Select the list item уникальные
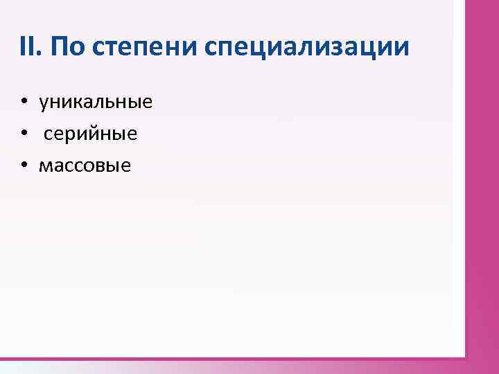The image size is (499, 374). click(96, 104)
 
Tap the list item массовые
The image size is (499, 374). click(85, 166)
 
